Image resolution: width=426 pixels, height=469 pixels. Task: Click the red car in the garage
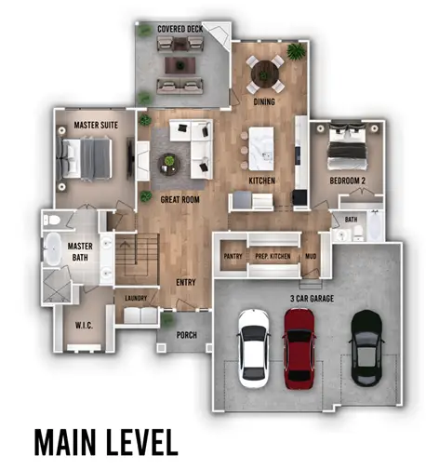(299, 348)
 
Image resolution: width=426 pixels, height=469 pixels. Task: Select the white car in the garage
(253, 348)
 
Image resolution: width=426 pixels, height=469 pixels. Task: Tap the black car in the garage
(366, 348)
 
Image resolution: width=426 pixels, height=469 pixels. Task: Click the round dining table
(265, 74)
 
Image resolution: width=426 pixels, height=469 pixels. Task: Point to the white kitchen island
(261, 148)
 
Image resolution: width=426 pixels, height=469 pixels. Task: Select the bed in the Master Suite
(84, 159)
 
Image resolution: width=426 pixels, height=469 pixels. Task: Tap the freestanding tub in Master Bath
(53, 249)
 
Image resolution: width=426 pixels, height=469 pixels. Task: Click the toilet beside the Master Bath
(52, 221)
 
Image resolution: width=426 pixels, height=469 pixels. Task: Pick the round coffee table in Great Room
(169, 165)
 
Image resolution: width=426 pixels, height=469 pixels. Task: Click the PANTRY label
(233, 256)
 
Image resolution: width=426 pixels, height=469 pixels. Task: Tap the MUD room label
(311, 256)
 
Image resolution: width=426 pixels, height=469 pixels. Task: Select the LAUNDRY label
(136, 298)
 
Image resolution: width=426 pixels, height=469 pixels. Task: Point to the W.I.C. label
(84, 326)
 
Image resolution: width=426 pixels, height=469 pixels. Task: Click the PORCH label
(187, 335)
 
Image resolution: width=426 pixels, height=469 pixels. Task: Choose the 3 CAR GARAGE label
(312, 299)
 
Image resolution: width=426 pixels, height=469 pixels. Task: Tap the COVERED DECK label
(180, 29)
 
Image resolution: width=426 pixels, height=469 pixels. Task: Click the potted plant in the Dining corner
(297, 51)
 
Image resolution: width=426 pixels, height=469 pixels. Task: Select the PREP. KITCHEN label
(273, 256)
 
